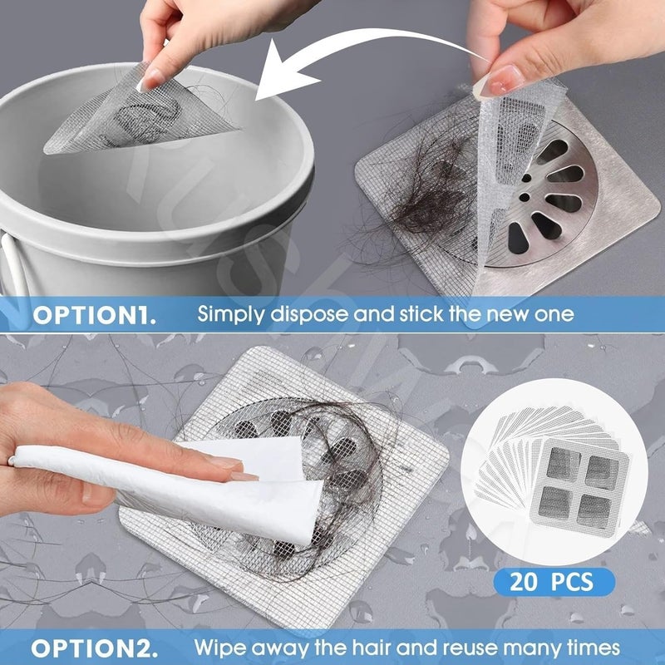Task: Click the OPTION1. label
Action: (93, 317)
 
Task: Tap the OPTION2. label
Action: (93, 647)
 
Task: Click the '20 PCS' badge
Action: (551, 581)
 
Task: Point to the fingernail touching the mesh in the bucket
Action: (150, 81)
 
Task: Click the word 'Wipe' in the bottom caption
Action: (219, 647)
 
